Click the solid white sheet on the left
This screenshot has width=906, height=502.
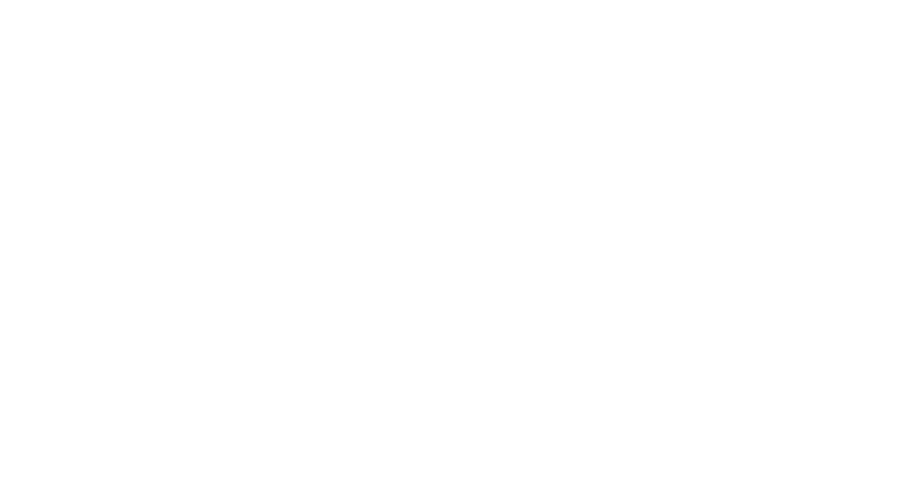[x=157, y=288]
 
